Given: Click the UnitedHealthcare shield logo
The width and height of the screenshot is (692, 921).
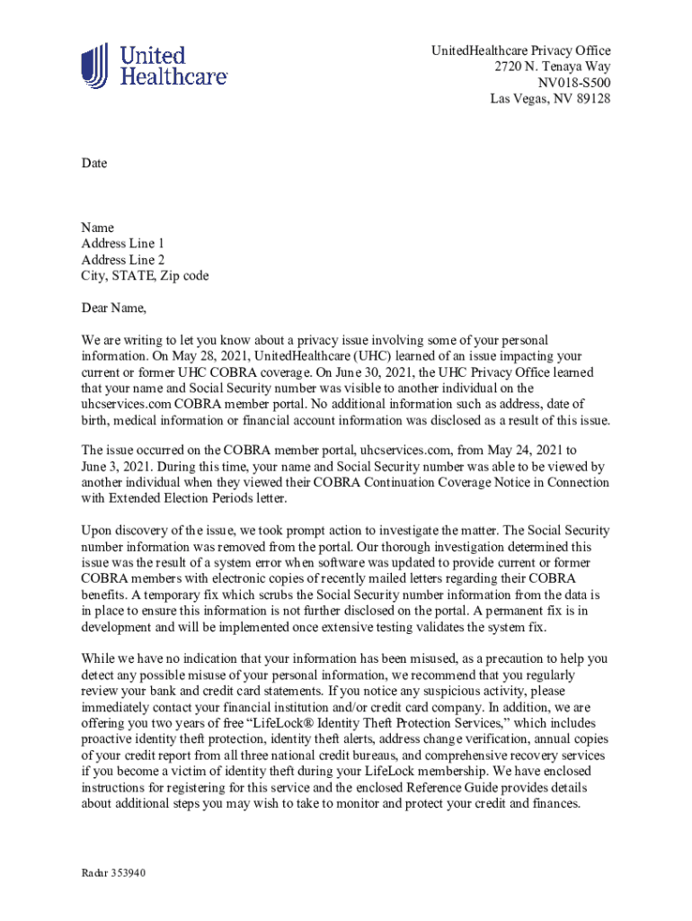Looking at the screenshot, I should (x=94, y=66).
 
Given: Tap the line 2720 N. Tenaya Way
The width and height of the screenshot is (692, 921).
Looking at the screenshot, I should (x=552, y=67).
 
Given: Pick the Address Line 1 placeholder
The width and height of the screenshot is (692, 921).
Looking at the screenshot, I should (x=123, y=244).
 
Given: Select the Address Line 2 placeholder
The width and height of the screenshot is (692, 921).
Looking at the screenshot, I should (x=123, y=260).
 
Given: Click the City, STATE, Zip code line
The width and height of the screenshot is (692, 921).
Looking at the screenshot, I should (x=145, y=276).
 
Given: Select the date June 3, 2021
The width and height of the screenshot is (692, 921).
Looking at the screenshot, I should (x=114, y=466).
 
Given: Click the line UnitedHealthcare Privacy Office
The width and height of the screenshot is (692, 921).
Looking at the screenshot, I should (x=520, y=50).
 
